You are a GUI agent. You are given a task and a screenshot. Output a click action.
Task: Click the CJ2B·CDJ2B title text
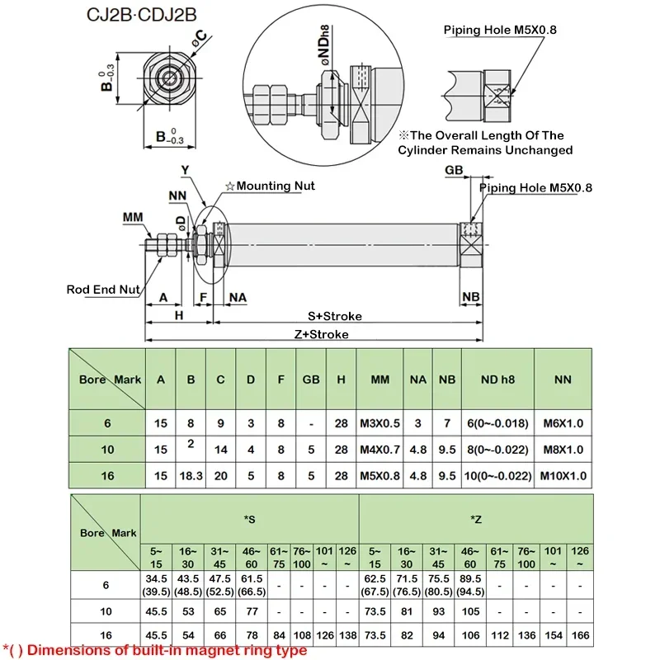point(139,15)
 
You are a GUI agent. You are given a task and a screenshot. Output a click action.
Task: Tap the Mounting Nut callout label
point(270,186)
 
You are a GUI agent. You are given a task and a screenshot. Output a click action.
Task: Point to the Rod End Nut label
point(103,290)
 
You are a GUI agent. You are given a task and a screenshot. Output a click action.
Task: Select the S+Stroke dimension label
point(335,316)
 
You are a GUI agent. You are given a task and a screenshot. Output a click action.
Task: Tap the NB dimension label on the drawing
point(471,296)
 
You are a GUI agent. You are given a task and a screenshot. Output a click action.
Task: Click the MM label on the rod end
point(133,217)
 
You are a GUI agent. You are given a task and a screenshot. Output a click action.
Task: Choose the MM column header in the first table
point(379,379)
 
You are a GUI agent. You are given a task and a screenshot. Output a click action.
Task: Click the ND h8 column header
point(497,379)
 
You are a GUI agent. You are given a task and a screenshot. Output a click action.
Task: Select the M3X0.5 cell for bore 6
point(379,423)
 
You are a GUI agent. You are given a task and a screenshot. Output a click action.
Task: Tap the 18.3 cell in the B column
point(191,475)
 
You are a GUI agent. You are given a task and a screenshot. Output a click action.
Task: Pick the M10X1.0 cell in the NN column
point(563,475)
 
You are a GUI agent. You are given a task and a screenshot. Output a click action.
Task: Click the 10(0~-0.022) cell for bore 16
point(497,475)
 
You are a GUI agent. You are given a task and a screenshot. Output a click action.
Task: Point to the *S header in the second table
point(249,518)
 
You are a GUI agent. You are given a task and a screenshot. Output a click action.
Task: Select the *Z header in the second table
point(476,518)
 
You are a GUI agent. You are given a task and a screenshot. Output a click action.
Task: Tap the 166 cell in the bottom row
point(581,635)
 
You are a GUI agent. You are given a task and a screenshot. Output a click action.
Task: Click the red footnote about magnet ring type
point(155,651)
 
